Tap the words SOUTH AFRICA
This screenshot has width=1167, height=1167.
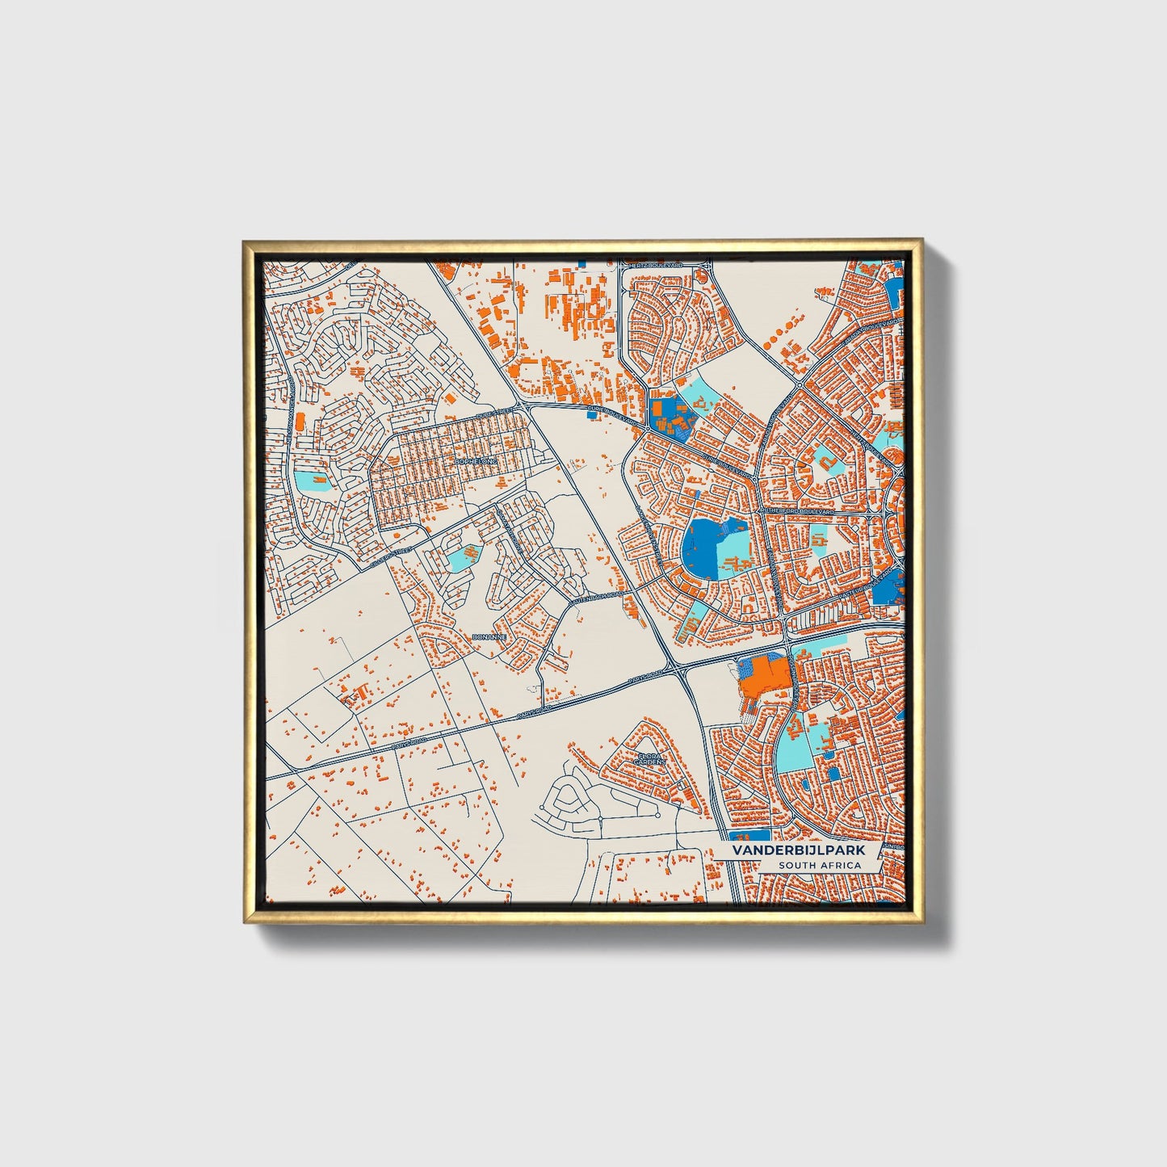tap(820, 866)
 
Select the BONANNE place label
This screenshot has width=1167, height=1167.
tap(489, 637)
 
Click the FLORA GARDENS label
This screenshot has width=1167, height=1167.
tap(649, 759)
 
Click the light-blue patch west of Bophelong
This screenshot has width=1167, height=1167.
tap(312, 481)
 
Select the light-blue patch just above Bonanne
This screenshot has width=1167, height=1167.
tap(462, 557)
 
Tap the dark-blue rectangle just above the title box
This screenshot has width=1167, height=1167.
tap(749, 835)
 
